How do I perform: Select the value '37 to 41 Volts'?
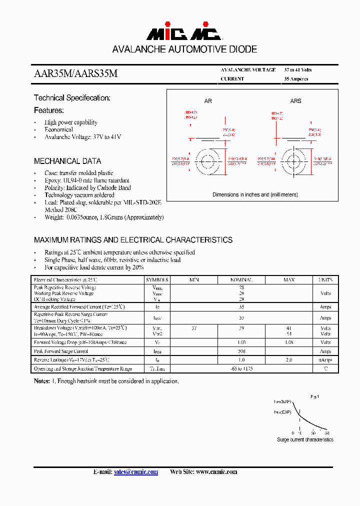298,70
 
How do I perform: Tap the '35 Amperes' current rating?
296,79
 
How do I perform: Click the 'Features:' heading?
49,110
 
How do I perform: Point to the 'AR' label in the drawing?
208,101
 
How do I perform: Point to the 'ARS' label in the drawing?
296,101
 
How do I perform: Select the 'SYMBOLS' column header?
157,280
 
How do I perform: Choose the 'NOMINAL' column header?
241,280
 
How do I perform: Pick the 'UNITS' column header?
325,280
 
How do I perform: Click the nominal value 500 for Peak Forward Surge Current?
241,351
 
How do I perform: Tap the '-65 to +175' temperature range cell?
241,368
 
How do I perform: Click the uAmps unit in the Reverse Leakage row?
325,360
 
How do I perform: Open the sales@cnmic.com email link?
136,472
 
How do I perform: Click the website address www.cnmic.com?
216,472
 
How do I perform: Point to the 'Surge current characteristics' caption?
305,439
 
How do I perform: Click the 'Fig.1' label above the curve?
314,396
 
